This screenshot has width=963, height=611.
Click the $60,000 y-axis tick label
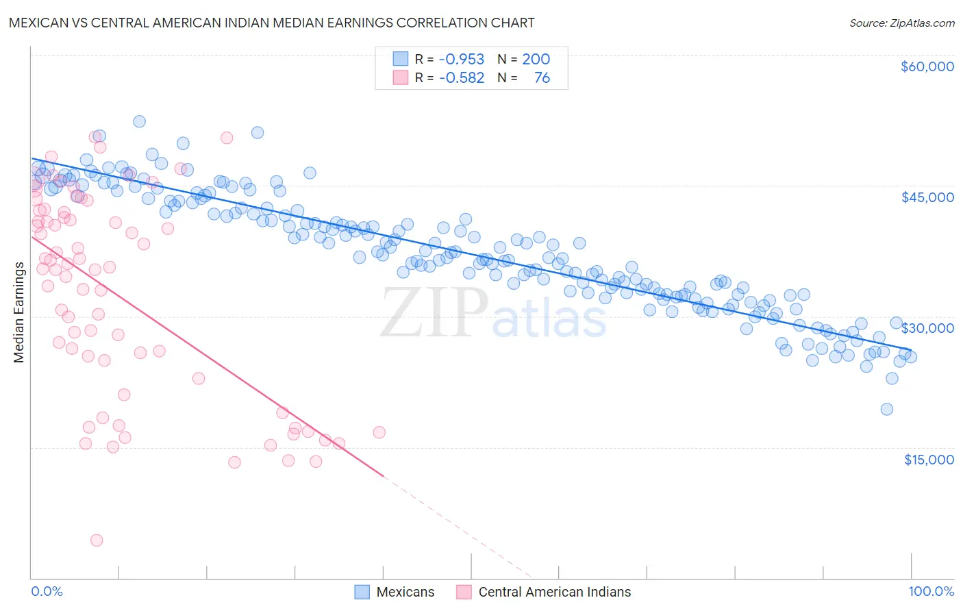927,66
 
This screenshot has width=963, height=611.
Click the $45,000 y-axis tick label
927,197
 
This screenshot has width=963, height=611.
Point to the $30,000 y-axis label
927,328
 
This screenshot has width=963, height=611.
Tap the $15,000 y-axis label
928,460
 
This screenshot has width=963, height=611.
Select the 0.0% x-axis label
47,591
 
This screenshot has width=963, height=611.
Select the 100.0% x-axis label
931,591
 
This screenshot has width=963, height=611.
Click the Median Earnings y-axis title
18,312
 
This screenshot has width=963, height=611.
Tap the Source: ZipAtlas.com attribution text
901,23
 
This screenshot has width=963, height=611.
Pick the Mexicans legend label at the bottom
405,592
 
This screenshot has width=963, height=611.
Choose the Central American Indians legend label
554,592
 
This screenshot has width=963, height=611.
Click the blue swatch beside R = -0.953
401,60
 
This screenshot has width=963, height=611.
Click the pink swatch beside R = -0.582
401,77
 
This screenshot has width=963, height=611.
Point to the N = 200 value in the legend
524,60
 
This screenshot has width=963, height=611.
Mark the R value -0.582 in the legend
461,77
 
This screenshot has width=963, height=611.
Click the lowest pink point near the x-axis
97,540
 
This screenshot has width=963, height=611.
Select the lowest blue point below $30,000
886,410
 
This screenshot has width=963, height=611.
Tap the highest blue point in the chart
139,121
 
